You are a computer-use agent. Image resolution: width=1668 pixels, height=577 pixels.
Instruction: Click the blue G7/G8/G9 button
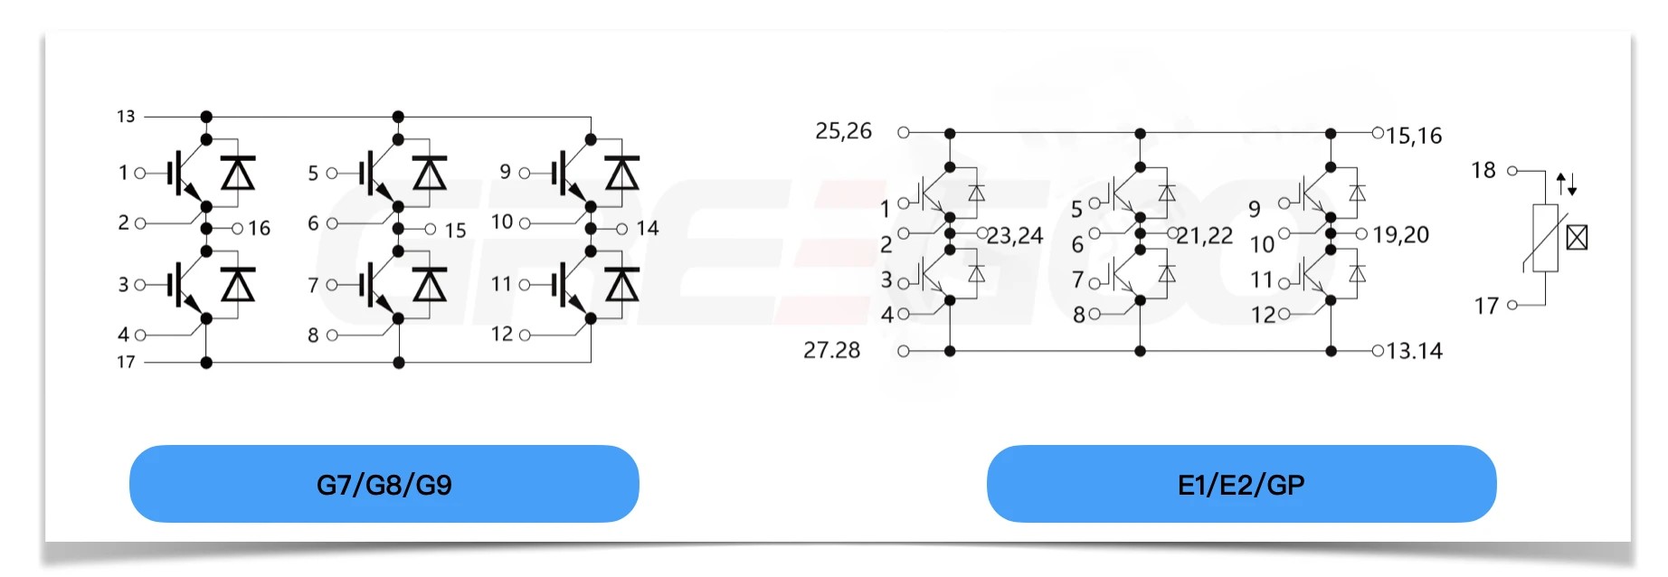(x=384, y=484)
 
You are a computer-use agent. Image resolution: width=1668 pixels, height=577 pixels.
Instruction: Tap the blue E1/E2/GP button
(x=1240, y=484)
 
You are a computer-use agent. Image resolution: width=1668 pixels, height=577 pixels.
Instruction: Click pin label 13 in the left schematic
(x=126, y=117)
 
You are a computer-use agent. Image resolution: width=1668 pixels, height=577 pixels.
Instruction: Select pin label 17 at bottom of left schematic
(x=126, y=362)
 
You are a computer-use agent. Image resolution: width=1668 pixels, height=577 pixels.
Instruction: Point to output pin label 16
(x=260, y=228)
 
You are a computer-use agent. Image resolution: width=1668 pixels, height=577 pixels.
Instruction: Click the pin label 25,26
(x=843, y=131)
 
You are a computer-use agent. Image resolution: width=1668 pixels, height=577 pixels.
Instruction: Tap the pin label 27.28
(x=831, y=350)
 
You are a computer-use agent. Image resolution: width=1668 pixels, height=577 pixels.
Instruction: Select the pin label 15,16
(x=1414, y=136)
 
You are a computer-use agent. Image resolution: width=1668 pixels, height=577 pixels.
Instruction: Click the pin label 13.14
(x=1414, y=351)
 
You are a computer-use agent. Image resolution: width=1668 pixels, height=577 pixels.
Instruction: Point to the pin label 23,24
(x=1015, y=236)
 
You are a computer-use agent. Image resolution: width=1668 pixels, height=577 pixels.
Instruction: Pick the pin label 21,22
(x=1205, y=236)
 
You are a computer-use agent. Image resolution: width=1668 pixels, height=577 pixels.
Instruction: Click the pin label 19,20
(x=1400, y=235)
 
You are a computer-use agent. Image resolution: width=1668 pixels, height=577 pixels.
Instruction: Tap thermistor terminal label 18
(x=1483, y=170)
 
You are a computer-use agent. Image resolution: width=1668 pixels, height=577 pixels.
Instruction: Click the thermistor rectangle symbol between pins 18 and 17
(x=1545, y=239)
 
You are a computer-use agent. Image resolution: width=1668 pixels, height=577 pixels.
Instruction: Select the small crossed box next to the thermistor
(x=1577, y=238)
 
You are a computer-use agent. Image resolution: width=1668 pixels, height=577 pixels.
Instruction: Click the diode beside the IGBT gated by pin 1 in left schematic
(x=238, y=172)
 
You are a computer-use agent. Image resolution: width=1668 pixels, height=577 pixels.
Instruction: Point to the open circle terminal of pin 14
(x=621, y=229)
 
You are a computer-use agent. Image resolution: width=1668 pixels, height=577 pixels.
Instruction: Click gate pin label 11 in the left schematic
(x=501, y=284)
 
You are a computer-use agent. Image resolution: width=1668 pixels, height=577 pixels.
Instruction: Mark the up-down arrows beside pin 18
(x=1567, y=185)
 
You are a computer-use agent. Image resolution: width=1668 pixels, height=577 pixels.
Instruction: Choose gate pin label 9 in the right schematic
(x=1254, y=209)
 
